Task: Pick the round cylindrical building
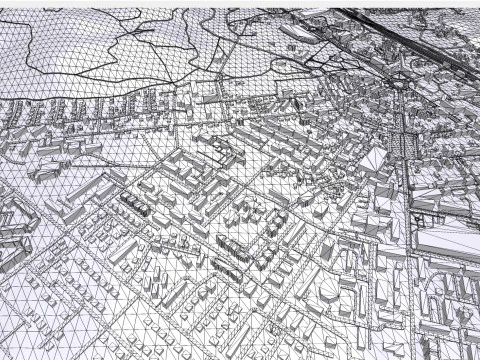coord(331,289)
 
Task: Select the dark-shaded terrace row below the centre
coord(232,246)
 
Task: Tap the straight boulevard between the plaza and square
coord(405,110)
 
